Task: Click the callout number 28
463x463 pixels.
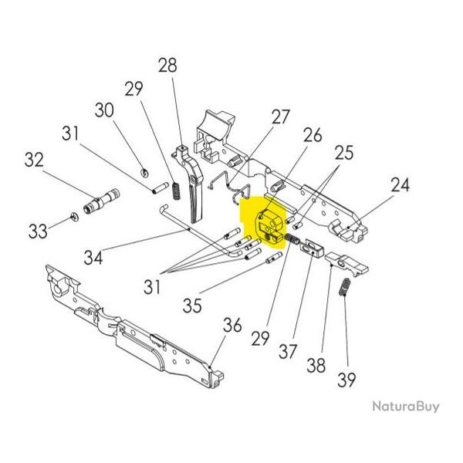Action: pyautogui.click(x=167, y=66)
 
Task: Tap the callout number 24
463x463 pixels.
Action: pyautogui.click(x=400, y=185)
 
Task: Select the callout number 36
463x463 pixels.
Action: pyautogui.click(x=232, y=325)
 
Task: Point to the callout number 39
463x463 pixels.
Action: pyautogui.click(x=346, y=380)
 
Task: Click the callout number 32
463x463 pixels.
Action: pyautogui.click(x=34, y=160)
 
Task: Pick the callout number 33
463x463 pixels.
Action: pyautogui.click(x=38, y=231)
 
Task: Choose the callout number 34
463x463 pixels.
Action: pyautogui.click(x=93, y=257)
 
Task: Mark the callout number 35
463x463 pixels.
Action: pyautogui.click(x=192, y=306)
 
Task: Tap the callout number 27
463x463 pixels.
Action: pyautogui.click(x=281, y=117)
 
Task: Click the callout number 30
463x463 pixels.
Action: pyautogui.click(x=104, y=110)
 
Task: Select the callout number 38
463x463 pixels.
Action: pyautogui.click(x=316, y=365)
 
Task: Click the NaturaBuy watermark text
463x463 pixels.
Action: pyautogui.click(x=406, y=407)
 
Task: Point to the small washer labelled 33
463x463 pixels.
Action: pyautogui.click(x=75, y=218)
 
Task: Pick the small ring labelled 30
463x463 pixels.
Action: pyautogui.click(x=144, y=173)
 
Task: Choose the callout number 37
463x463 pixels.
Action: pyautogui.click(x=288, y=351)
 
